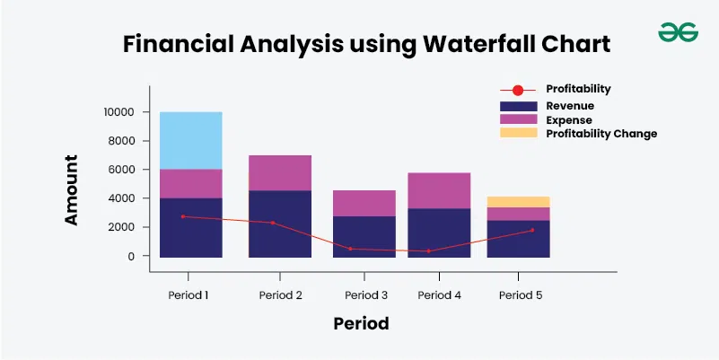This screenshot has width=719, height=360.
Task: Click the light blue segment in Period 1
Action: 191,141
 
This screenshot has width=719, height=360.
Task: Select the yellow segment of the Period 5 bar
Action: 518,202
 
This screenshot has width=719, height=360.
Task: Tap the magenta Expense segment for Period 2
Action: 280,173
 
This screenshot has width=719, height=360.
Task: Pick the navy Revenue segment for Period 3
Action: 364,237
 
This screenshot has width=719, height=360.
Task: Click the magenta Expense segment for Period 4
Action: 439,191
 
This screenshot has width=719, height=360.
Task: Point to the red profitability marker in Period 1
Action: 183,216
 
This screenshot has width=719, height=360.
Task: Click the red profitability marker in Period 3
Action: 350,249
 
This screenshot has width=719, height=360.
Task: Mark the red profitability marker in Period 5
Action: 532,230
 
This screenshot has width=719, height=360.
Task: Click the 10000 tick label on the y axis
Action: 118,112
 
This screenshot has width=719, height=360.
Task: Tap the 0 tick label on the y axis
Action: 132,256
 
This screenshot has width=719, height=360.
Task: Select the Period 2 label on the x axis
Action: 281,294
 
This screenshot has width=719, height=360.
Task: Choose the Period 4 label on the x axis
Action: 439,294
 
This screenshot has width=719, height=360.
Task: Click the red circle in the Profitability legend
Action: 518,91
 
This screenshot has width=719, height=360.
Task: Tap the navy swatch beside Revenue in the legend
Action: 518,107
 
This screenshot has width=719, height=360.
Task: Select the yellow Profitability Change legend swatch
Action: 518,133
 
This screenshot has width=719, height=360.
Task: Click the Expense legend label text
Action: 568,120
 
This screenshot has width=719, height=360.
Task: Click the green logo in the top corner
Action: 679,32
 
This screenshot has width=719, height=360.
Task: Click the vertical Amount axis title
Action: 71,189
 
